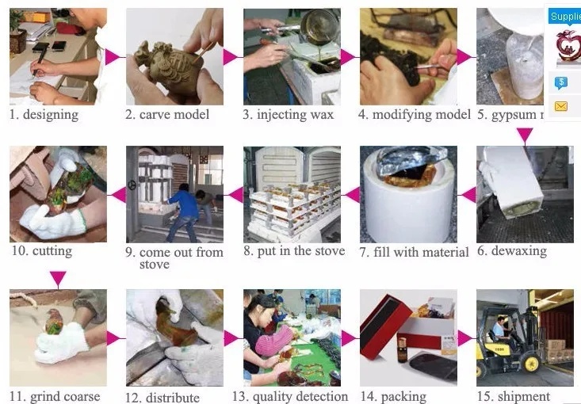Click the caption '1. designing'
(x=44, y=114)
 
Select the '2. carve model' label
(x=167, y=115)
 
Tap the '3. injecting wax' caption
(x=289, y=115)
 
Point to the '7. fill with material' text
(x=414, y=252)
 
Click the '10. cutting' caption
(x=41, y=251)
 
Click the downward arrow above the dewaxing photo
(x=524, y=135)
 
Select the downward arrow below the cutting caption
(x=58, y=278)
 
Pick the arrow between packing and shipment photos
(x=465, y=338)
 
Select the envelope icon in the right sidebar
(x=562, y=106)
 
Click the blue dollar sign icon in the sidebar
(x=562, y=82)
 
